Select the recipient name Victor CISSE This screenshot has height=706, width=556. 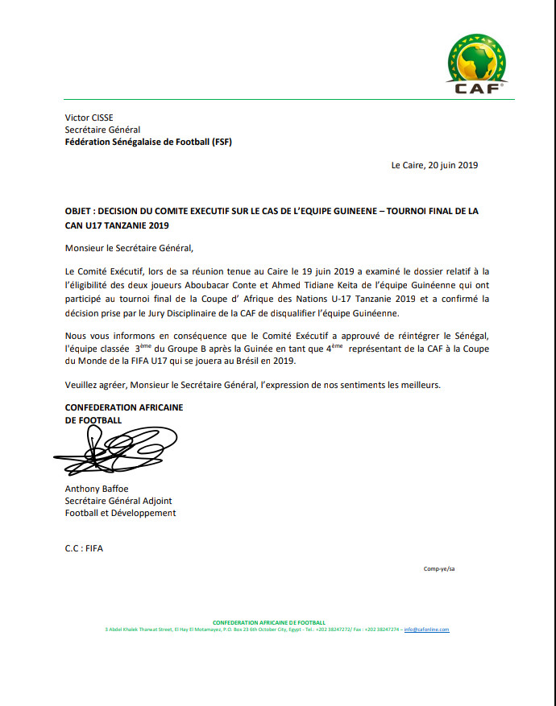click(89, 117)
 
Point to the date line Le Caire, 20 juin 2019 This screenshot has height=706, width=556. click(435, 165)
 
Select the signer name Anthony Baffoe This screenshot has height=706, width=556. click(97, 489)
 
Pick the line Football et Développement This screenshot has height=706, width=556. click(120, 513)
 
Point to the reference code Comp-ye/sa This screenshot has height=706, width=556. click(439, 569)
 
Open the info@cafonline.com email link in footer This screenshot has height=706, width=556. click(426, 629)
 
